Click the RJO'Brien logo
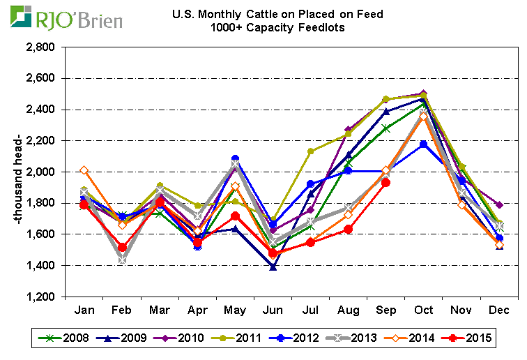[x=66, y=17]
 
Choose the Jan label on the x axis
[x=84, y=309]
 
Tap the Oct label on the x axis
[x=425, y=309]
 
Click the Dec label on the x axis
[x=500, y=309]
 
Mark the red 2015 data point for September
[x=385, y=183]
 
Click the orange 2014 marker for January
[x=84, y=170]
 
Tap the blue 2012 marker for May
[x=235, y=159]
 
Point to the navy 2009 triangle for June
[x=273, y=267]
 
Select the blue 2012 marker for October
[x=424, y=144]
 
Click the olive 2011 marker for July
[x=311, y=151]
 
